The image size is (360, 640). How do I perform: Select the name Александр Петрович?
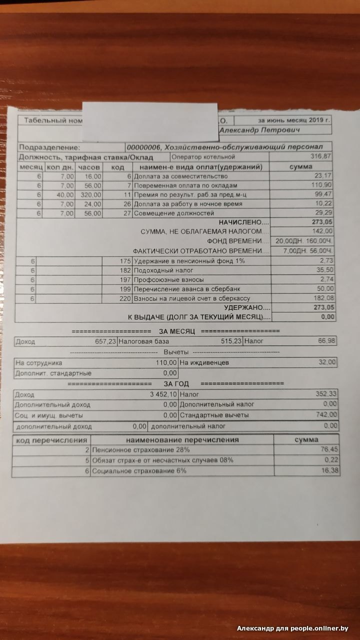(259, 130)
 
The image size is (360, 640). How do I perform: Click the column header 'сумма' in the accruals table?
(300, 166)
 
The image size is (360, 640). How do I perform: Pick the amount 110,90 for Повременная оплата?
(322, 185)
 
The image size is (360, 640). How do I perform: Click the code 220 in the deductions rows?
(124, 298)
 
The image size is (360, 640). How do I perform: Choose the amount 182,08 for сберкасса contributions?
(323, 298)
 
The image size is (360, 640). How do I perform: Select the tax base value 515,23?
(231, 341)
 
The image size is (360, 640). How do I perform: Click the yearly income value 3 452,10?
(161, 395)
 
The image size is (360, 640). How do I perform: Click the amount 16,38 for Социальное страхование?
(328, 470)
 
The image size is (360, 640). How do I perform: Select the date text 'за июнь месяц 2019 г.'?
(294, 120)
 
